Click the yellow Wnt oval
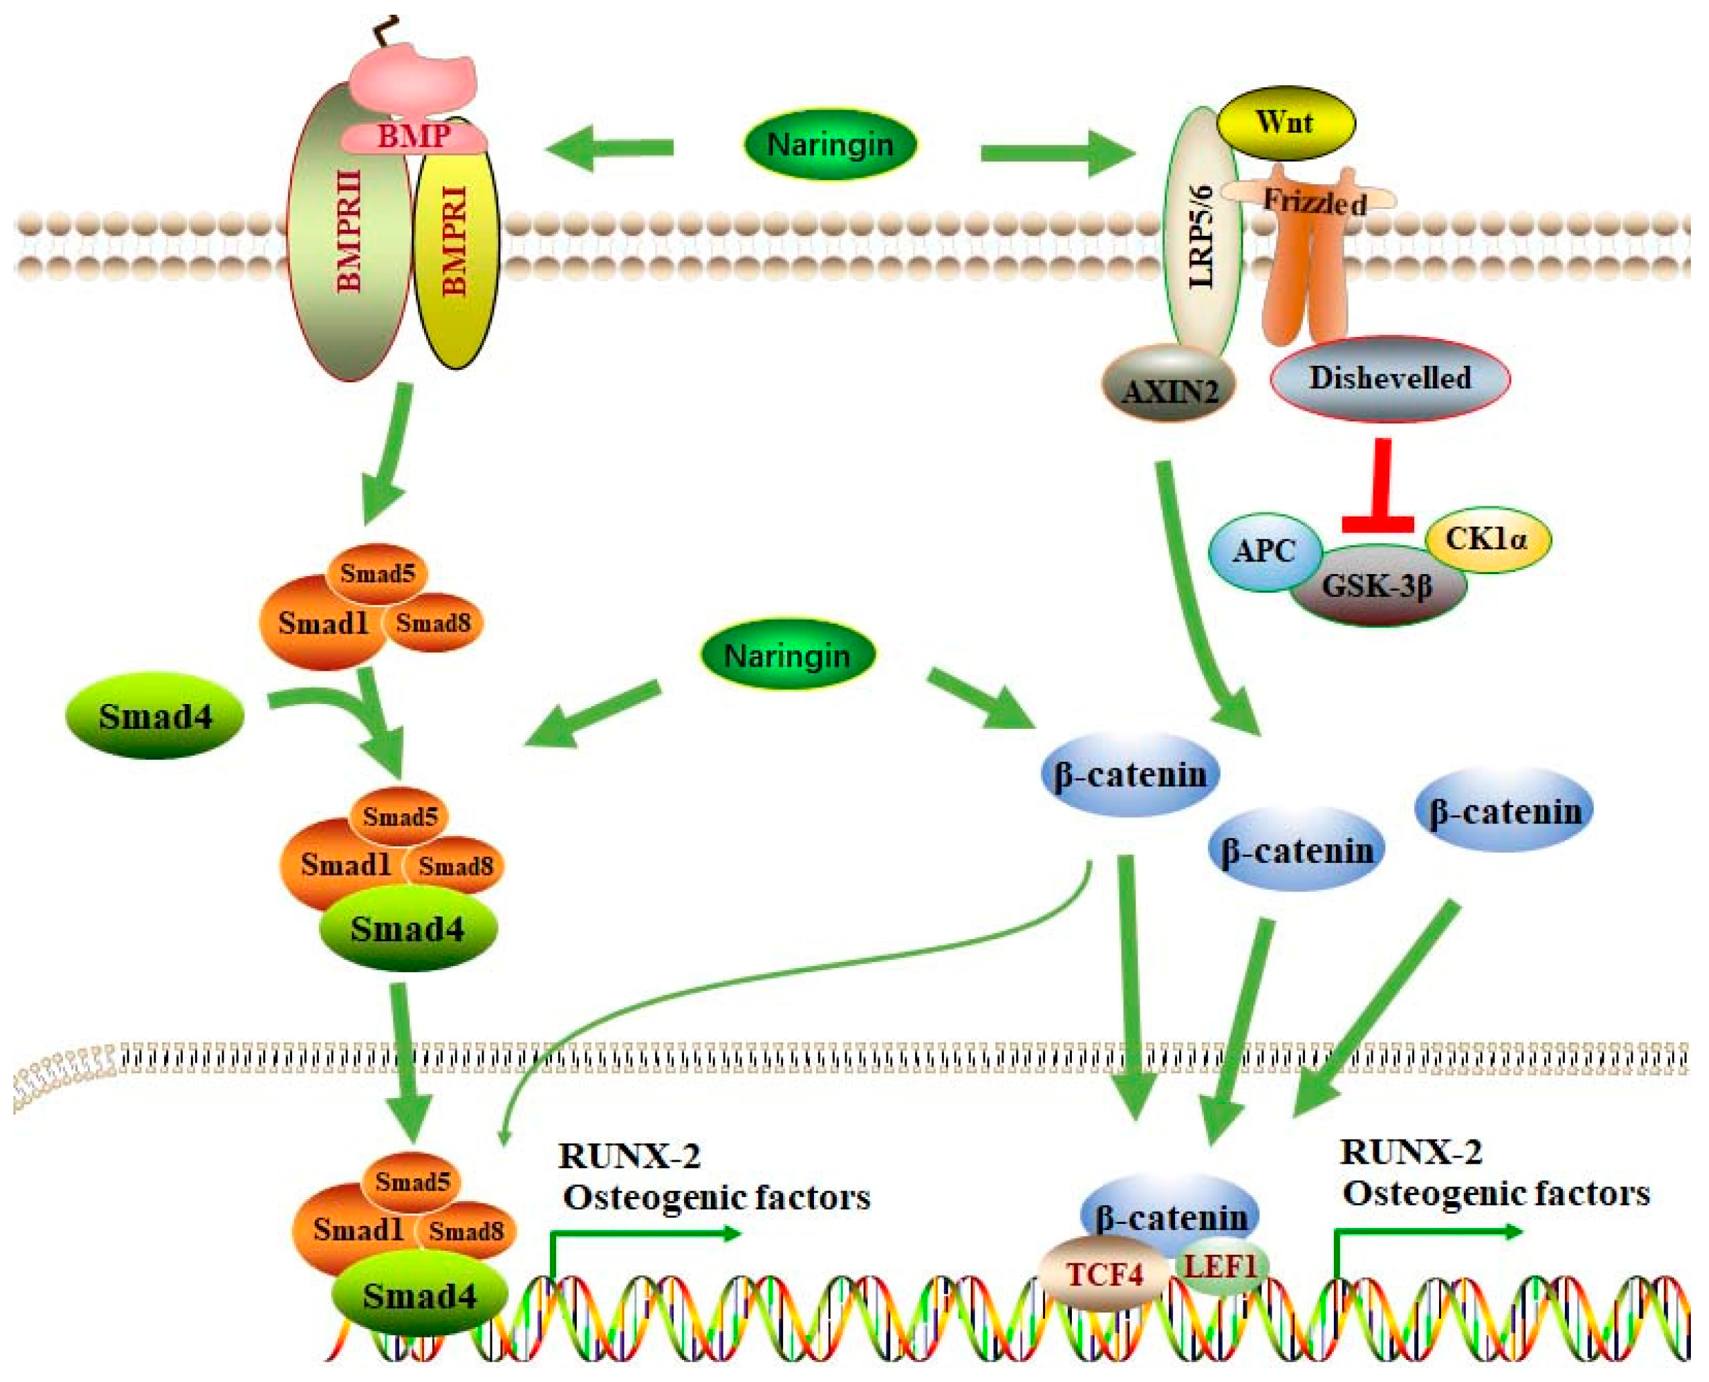[x=1285, y=123]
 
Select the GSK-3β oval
[x=1377, y=587]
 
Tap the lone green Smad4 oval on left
[x=155, y=717]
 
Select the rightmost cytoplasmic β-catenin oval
[x=1503, y=811]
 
